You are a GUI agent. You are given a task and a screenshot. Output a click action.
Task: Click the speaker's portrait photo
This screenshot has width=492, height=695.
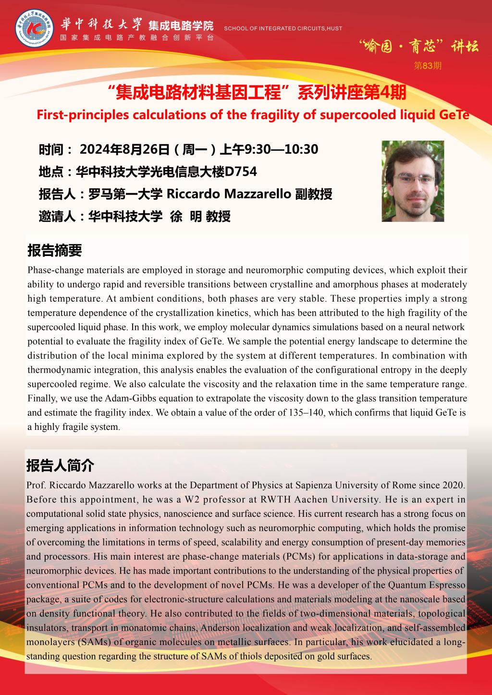tap(412, 181)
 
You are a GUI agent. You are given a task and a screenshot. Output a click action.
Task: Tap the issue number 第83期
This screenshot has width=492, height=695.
tap(428, 66)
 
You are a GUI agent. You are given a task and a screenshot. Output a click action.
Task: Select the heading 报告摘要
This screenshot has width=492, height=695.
tap(54, 250)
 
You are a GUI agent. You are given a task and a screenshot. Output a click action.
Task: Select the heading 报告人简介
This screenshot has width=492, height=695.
tap(61, 465)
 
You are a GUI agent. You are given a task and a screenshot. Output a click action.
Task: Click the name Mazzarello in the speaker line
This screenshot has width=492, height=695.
tap(257, 194)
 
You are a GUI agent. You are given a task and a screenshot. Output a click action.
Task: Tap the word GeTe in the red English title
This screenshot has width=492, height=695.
tap(454, 115)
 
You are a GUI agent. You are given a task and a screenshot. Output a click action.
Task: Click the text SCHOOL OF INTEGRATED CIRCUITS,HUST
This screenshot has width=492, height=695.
tap(283, 28)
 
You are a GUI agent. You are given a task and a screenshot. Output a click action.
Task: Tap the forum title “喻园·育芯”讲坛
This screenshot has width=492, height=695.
tap(418, 47)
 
